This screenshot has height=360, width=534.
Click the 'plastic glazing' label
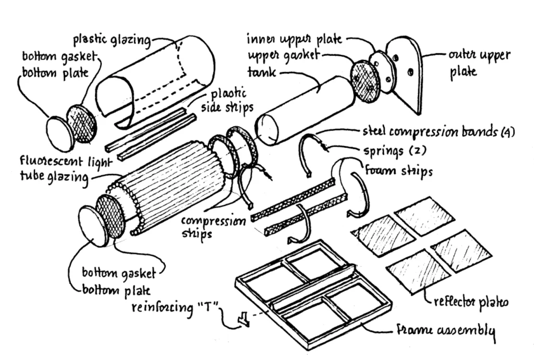tap(111, 40)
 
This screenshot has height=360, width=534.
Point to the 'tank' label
tap(261, 74)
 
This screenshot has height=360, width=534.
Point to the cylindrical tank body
tap(305, 110)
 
